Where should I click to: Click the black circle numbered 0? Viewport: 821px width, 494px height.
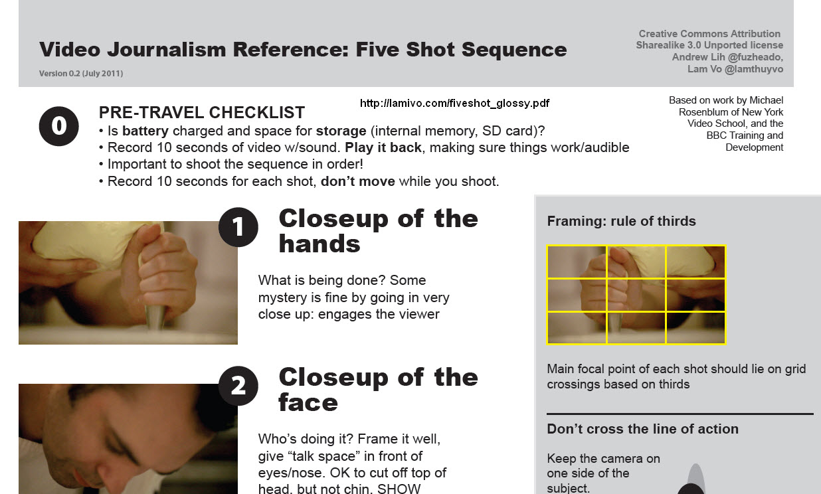click(x=58, y=126)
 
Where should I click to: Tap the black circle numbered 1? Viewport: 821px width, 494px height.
click(x=238, y=227)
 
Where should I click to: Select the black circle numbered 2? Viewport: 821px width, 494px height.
click(x=238, y=386)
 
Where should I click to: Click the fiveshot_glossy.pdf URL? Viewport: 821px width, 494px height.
click(x=454, y=104)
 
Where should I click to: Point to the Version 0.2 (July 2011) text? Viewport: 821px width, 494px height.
click(x=81, y=73)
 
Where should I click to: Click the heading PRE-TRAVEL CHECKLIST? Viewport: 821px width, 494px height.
click(x=201, y=112)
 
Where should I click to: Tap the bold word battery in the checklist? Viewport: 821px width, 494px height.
click(x=145, y=131)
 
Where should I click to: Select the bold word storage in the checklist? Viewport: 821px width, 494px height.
click(x=341, y=131)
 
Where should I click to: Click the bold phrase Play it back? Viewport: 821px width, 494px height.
click(x=383, y=147)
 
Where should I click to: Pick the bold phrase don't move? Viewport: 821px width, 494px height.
click(x=358, y=181)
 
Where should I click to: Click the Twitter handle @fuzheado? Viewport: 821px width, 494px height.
click(x=755, y=57)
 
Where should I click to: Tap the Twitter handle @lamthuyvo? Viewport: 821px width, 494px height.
click(x=754, y=69)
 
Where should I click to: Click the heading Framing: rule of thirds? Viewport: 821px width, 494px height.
click(x=621, y=221)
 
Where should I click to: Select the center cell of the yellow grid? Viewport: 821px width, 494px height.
click(x=636, y=295)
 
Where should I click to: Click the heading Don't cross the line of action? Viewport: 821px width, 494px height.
click(x=642, y=429)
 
